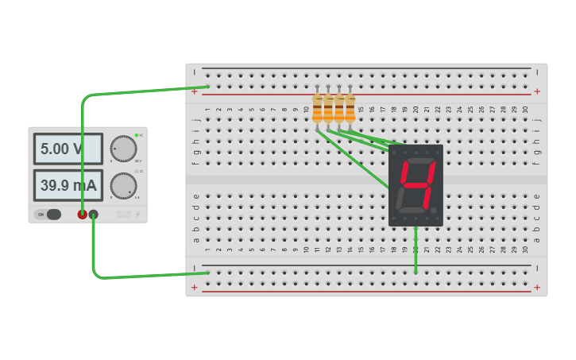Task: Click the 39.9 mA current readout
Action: (68, 185)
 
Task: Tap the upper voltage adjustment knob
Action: (123, 149)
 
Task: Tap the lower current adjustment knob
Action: (123, 185)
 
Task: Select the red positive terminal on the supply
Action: (82, 214)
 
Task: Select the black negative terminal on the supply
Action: (94, 214)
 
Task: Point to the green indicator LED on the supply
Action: (137, 135)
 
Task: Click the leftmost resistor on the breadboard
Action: (317, 108)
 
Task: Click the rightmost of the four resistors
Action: (350, 108)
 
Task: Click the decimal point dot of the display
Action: (434, 211)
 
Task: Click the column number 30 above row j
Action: (525, 110)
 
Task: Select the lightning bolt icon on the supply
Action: (137, 214)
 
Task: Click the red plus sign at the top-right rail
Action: (537, 91)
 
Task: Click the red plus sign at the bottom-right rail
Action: (537, 288)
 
